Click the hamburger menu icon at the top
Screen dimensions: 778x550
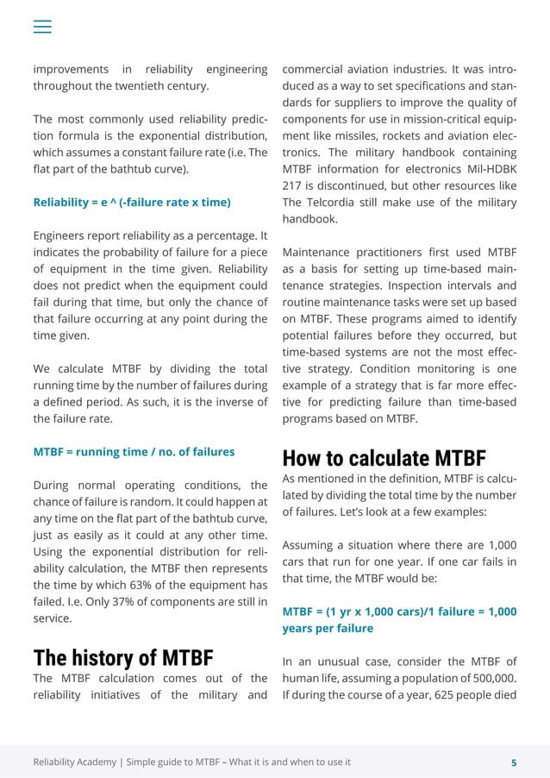point(42,26)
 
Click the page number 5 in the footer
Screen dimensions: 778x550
point(514,762)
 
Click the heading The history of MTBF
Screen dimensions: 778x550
point(123,657)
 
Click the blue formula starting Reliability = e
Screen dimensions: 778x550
point(132,203)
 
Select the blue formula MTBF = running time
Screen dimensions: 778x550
point(134,451)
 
